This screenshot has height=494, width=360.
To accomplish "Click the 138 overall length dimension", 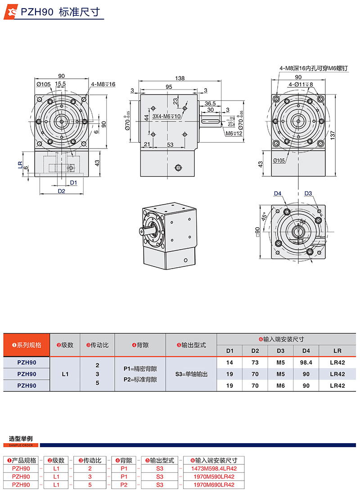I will (180, 78).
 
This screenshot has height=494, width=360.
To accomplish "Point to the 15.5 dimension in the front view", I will (60, 84).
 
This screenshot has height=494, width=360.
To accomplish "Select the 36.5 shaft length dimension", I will (210, 103).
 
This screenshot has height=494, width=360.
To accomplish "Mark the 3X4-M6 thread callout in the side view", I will (166, 117).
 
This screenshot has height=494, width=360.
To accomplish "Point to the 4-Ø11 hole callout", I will (301, 84).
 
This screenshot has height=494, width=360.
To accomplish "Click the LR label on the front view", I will (20, 166).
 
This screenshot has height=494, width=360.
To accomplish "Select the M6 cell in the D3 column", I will (281, 385).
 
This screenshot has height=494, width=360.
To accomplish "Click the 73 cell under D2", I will (255, 362).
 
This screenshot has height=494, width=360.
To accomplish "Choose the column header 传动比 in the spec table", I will (97, 345).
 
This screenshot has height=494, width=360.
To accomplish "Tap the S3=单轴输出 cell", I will (191, 374).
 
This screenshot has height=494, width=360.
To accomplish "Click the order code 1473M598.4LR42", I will (215, 468).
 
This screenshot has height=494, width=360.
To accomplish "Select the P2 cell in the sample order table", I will (124, 485).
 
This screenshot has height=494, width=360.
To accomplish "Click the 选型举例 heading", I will (21, 438).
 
